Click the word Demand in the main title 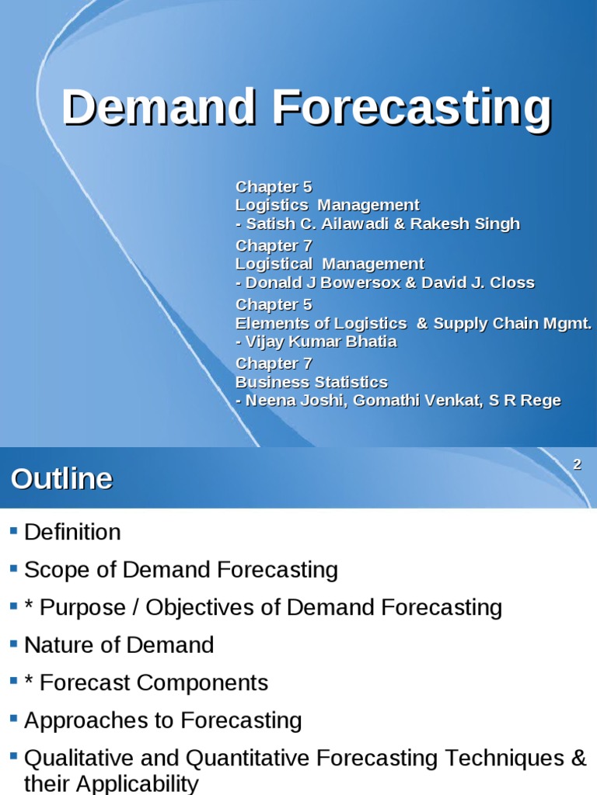click(159, 107)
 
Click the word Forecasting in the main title click(412, 107)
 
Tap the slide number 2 click(577, 465)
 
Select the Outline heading click(62, 479)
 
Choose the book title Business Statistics click(312, 382)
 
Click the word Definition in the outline click(72, 533)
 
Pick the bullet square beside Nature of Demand click(13, 644)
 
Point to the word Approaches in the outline click(82, 720)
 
